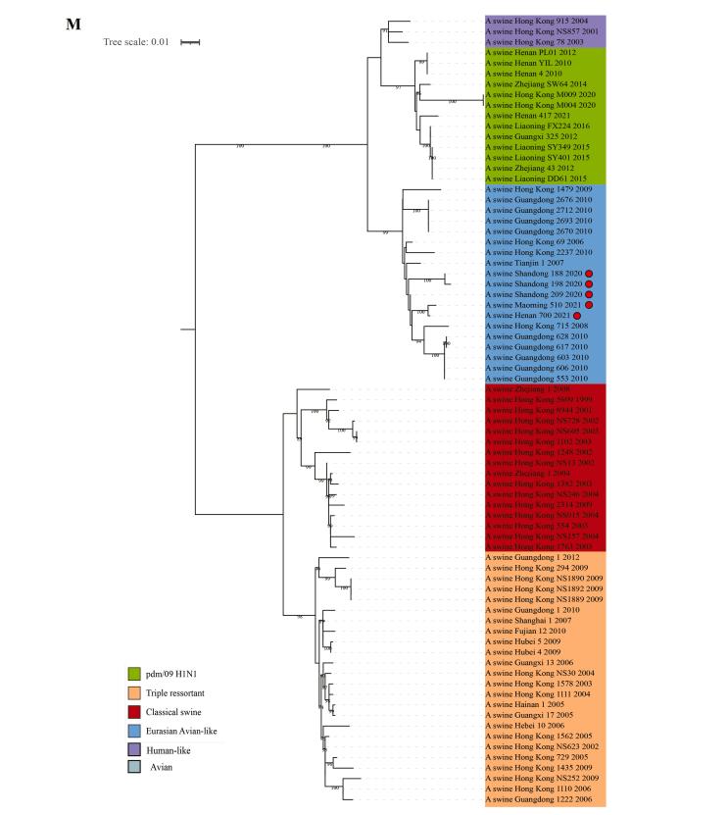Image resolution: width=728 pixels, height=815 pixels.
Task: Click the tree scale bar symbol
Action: [x=190, y=42]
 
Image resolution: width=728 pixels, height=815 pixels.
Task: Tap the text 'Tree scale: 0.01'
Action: [x=138, y=42]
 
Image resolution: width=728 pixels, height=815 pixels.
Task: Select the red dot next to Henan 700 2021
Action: [x=578, y=316]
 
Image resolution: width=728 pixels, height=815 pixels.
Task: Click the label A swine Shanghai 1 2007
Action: [x=530, y=620]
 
